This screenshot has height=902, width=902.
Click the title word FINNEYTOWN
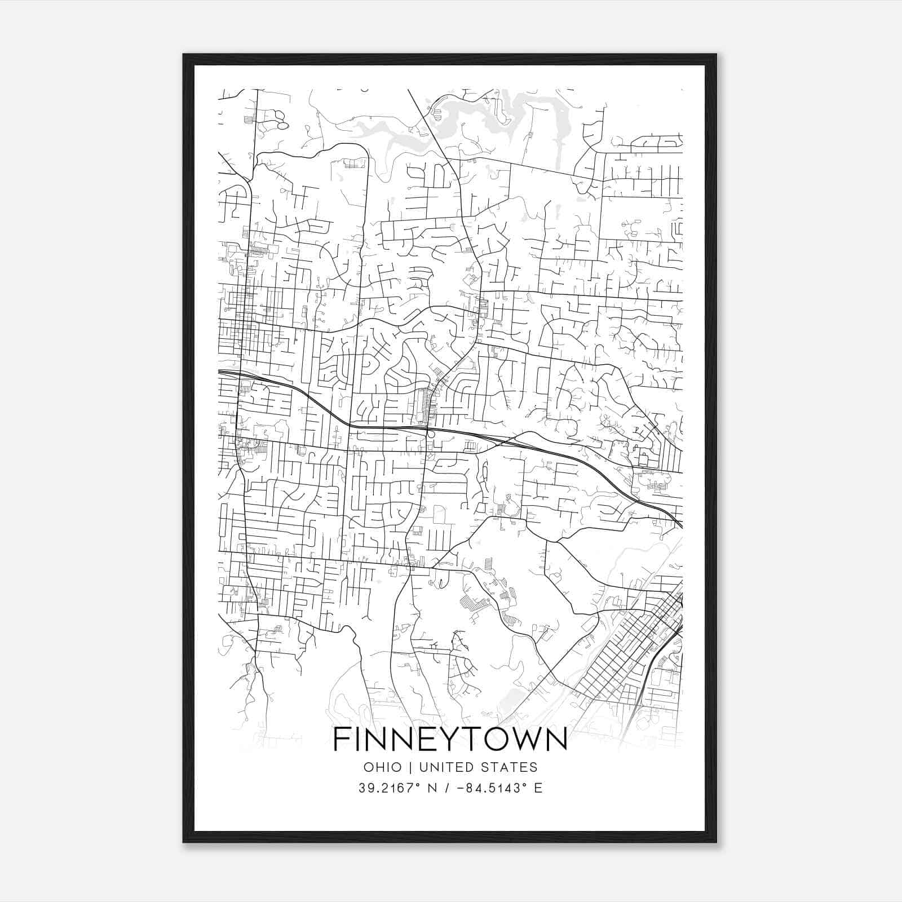(x=450, y=739)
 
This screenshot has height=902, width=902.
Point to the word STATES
(x=511, y=767)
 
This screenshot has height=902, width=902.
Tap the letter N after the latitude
(x=432, y=788)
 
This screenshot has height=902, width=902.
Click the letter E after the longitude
(x=538, y=788)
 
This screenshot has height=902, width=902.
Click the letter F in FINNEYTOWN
(x=342, y=739)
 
